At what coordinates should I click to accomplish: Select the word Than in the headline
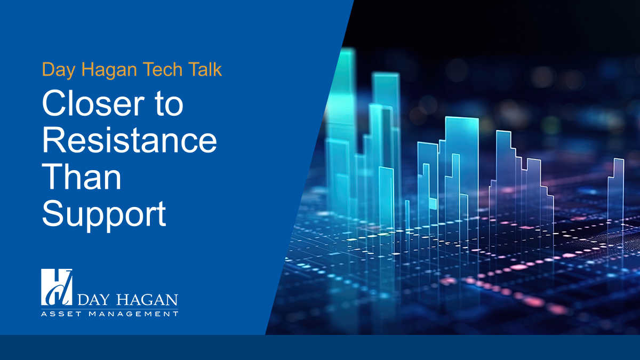(x=82, y=178)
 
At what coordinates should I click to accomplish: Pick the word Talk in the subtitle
(x=201, y=69)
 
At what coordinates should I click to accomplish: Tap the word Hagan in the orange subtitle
(x=105, y=69)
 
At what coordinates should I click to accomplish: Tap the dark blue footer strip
(x=320, y=347)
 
